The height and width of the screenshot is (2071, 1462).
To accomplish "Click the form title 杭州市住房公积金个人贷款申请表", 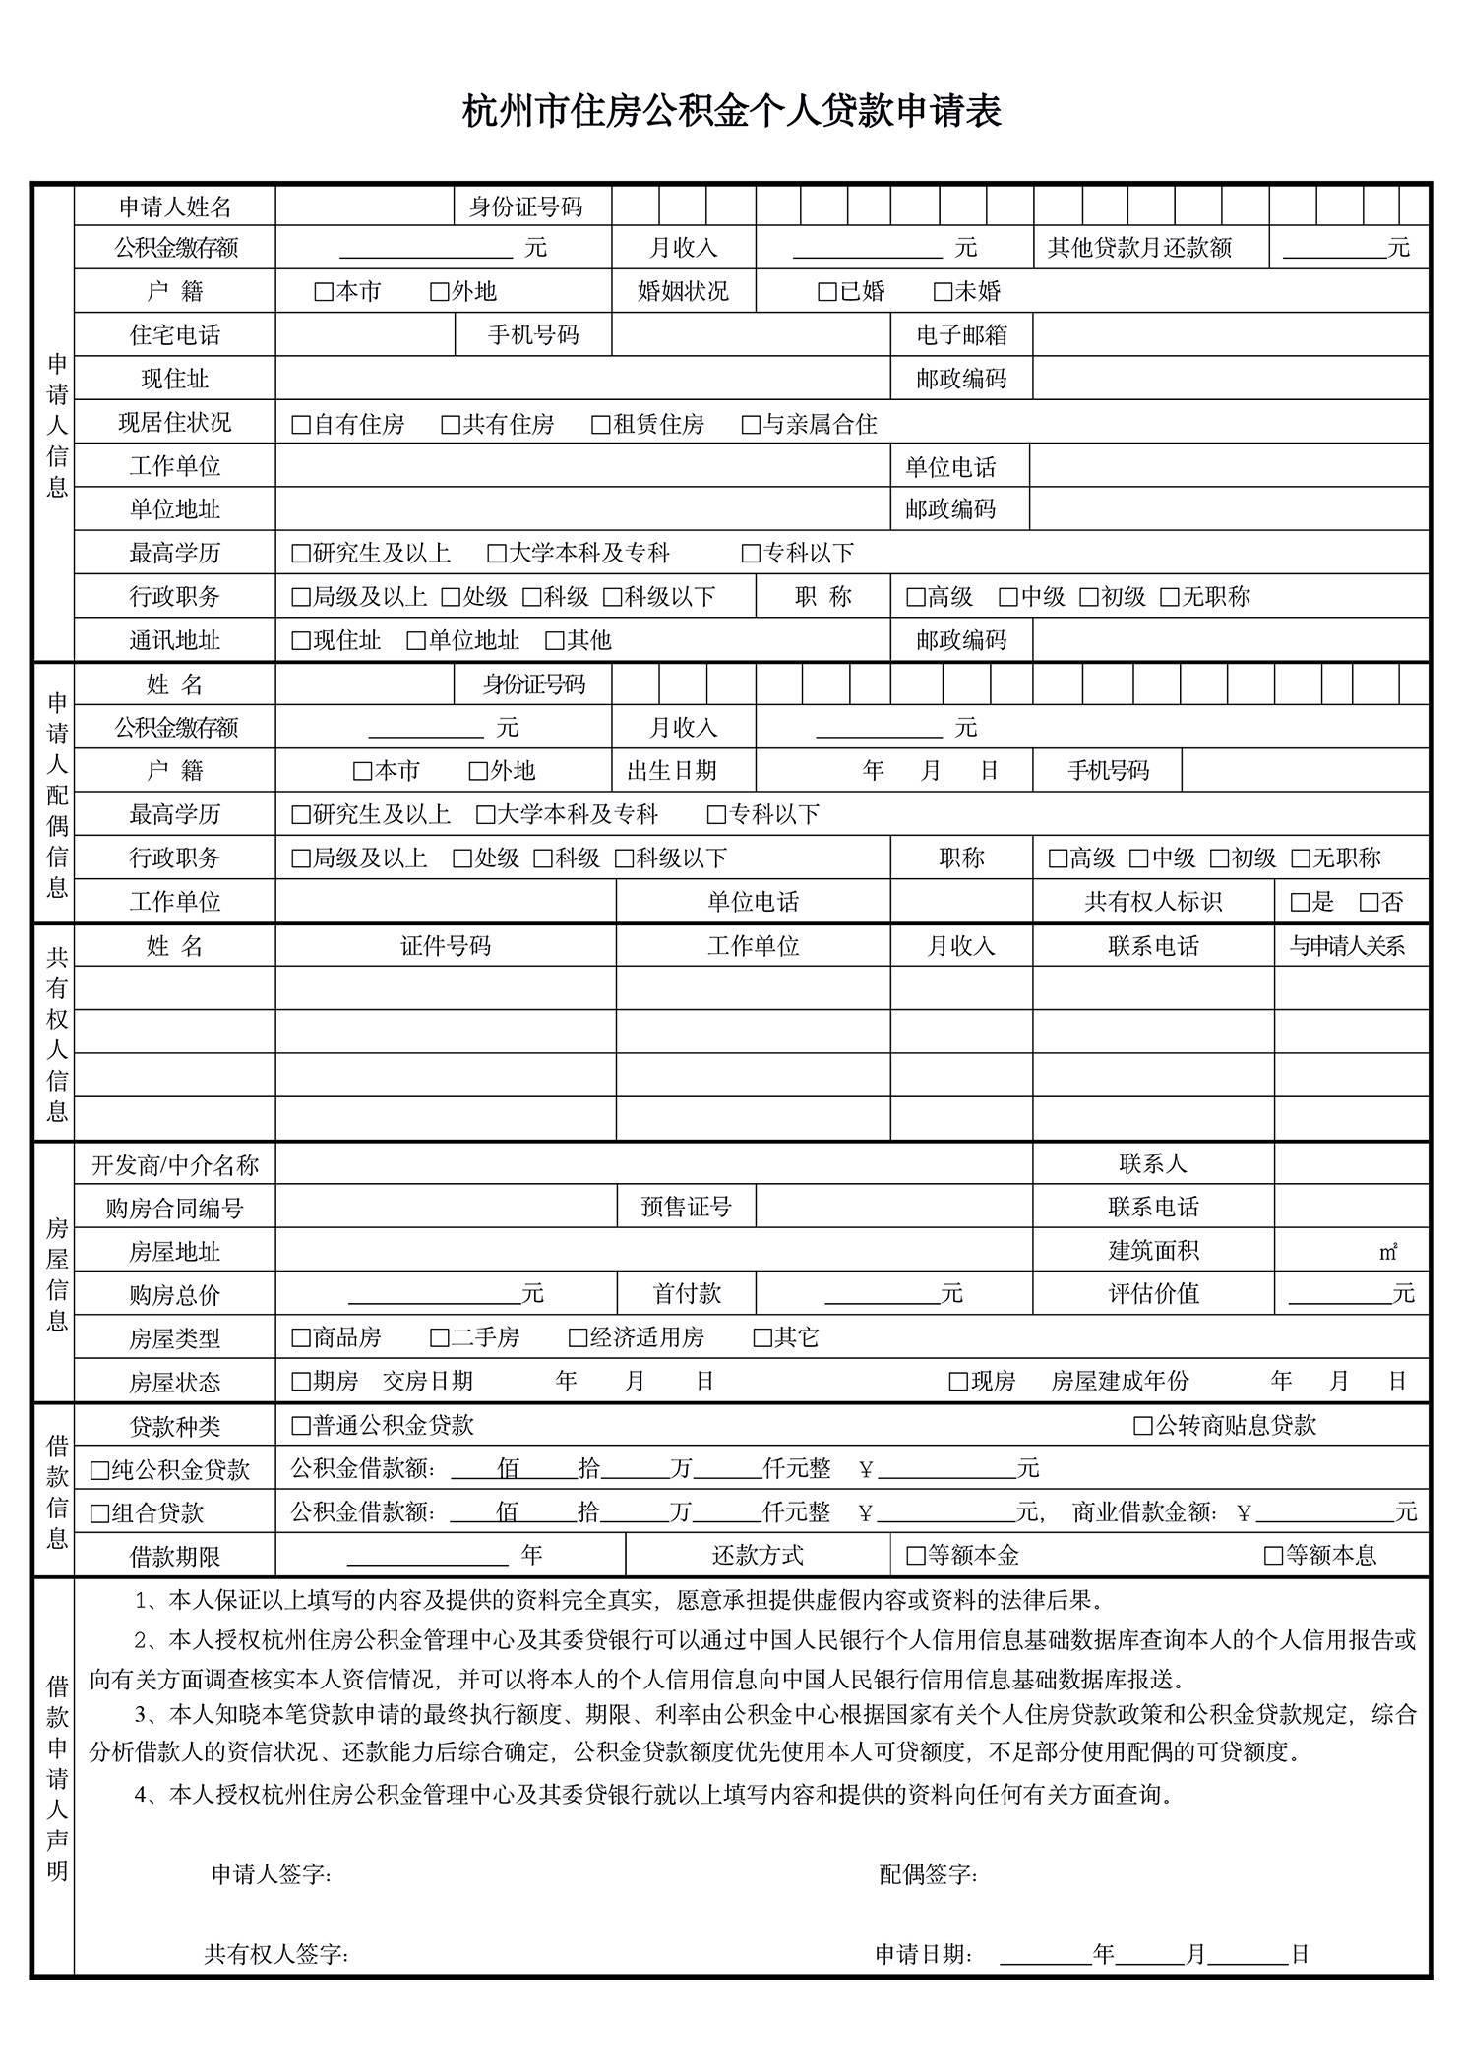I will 731,111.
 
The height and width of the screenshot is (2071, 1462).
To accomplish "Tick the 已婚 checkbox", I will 826,292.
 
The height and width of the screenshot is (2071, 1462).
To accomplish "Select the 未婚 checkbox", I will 942,292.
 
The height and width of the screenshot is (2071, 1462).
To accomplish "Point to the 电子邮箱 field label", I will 961,335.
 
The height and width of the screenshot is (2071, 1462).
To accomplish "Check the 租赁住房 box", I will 600,425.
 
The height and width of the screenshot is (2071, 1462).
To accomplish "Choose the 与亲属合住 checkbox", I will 751,425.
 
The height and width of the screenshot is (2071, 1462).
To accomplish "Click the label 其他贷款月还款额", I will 1139,248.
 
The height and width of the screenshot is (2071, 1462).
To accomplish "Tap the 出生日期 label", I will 672,771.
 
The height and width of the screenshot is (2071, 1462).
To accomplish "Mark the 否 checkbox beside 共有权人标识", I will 1369,902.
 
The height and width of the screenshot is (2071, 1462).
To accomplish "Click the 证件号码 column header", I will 445,946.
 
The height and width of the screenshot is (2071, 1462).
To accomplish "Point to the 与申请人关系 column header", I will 1347,946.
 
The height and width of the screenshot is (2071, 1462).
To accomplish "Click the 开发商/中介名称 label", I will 175,1165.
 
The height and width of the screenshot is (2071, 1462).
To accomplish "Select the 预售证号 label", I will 686,1208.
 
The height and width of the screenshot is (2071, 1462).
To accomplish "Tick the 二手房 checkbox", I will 439,1338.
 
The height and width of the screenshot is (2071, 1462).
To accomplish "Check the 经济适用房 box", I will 578,1338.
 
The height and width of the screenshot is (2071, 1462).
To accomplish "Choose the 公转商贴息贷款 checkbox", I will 1142,1426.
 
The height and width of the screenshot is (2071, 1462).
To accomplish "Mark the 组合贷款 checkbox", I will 99,1513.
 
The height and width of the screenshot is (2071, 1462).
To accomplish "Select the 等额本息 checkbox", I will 1273,1556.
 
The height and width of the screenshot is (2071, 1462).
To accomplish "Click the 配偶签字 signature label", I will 928,1874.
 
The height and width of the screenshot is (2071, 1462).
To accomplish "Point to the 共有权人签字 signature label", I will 276,1954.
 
